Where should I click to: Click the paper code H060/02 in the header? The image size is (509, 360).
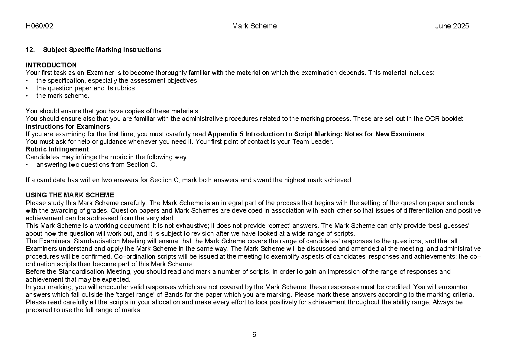(x=39, y=26)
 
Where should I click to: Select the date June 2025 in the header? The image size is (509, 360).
(x=452, y=26)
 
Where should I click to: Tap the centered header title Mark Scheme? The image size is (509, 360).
(x=254, y=26)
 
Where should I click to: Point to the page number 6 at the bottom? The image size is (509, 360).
(x=254, y=335)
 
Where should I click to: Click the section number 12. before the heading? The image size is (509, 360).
(x=30, y=50)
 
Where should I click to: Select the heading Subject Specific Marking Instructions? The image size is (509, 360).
(x=102, y=50)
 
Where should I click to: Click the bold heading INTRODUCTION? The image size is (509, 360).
(x=51, y=65)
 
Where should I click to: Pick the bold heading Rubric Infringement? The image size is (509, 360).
(x=57, y=149)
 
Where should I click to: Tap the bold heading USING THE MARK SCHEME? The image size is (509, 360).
(x=70, y=195)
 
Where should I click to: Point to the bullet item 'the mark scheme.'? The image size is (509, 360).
(x=63, y=96)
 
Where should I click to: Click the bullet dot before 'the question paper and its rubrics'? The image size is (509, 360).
(x=27, y=88)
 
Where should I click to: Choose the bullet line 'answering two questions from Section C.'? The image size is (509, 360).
(x=96, y=165)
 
